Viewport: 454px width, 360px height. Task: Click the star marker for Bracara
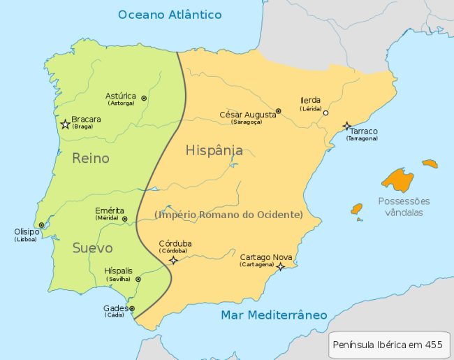(x=65, y=124)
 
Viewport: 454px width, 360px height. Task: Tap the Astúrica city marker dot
(x=144, y=99)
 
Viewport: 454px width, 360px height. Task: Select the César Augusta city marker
(x=278, y=111)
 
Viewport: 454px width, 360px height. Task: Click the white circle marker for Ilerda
(x=325, y=113)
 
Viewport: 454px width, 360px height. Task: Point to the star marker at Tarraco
(x=347, y=127)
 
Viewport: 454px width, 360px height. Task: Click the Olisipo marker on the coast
(x=41, y=225)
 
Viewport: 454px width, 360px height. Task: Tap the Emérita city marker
(x=124, y=219)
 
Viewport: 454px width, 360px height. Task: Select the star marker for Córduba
(x=173, y=260)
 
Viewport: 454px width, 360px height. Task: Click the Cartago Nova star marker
(x=280, y=266)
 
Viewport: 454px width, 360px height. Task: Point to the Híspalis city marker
(x=138, y=279)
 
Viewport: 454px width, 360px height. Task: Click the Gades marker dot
(x=132, y=308)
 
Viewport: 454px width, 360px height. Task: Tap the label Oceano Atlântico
(x=170, y=15)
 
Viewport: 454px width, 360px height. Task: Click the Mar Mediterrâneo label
(x=274, y=315)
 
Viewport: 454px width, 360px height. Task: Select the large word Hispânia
(x=214, y=150)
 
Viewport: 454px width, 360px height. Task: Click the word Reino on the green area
(x=91, y=159)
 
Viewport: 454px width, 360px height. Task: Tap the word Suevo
(x=92, y=248)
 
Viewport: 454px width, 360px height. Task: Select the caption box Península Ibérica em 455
(x=388, y=345)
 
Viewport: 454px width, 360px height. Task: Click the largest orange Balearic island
(x=397, y=180)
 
